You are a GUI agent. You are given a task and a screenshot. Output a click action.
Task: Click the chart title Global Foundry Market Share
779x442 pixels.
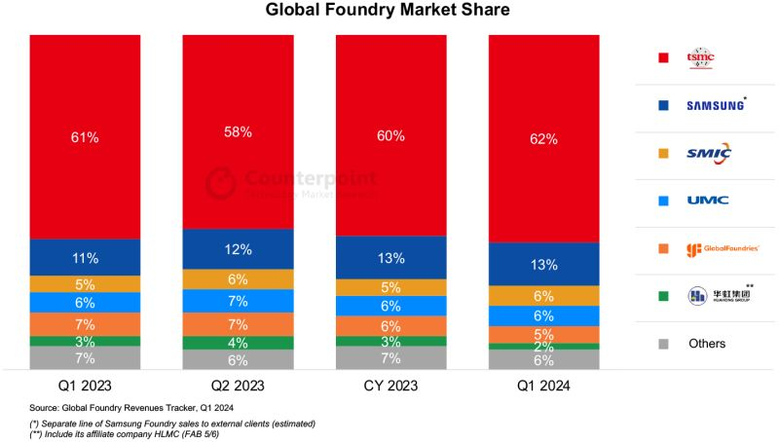click(x=388, y=12)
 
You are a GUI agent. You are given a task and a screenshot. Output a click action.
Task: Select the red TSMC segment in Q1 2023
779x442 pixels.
click(x=85, y=137)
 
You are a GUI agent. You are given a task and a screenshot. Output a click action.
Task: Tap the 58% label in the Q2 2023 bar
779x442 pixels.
click(x=238, y=131)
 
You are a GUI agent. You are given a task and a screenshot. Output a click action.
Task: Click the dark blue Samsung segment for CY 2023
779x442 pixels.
click(x=390, y=258)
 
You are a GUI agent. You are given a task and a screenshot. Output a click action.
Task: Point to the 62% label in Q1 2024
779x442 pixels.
click(x=543, y=139)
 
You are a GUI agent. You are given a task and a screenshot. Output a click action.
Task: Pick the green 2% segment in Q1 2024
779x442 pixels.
click(x=543, y=347)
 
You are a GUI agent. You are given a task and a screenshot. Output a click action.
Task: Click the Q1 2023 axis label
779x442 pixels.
click(x=85, y=387)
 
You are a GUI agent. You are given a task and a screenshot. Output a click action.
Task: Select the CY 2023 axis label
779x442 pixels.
click(x=390, y=387)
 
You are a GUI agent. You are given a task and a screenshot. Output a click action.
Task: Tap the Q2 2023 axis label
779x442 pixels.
click(x=238, y=387)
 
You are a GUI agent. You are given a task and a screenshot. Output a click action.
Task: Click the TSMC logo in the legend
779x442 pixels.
click(x=700, y=56)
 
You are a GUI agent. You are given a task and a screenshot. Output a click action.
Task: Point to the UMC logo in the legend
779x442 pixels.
click(x=707, y=201)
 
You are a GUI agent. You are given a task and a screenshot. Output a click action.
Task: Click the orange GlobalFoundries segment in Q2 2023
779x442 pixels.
click(x=238, y=324)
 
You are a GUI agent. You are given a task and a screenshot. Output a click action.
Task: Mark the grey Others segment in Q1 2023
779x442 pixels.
click(x=85, y=358)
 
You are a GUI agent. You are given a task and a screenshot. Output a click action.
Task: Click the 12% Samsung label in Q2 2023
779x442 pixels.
click(x=238, y=249)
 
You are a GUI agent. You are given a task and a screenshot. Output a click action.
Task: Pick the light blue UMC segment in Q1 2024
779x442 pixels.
click(x=543, y=316)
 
